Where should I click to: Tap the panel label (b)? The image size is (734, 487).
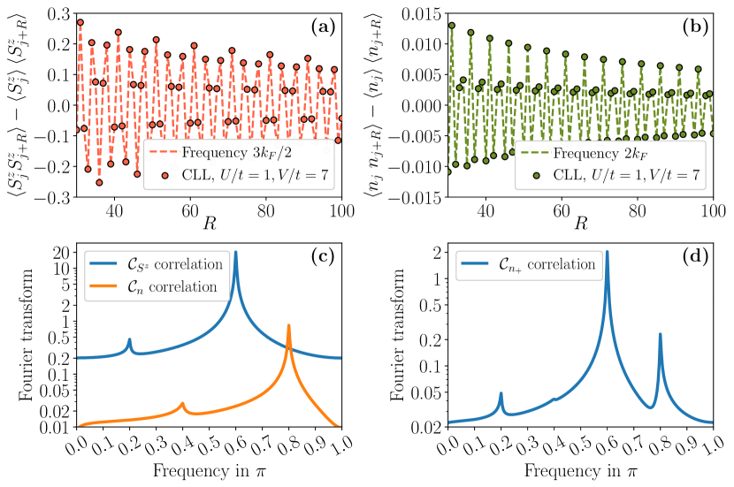[x=695, y=27]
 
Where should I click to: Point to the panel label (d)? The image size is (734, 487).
[x=695, y=257]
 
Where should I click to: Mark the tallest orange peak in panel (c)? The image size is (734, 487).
[x=289, y=325]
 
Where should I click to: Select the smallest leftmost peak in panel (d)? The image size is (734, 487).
[x=501, y=393]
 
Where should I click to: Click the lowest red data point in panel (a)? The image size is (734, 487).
[x=100, y=183]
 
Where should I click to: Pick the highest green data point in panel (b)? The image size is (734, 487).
[x=451, y=26]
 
